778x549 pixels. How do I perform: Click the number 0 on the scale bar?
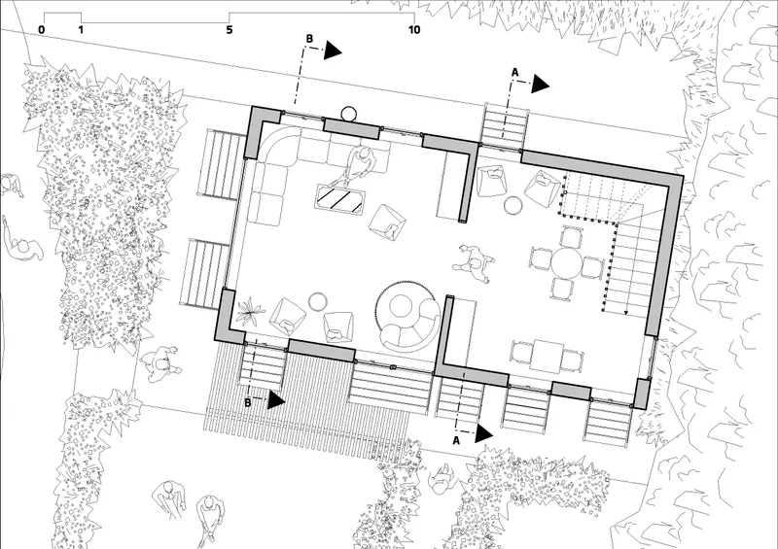(41, 30)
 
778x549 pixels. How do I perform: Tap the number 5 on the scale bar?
(230, 30)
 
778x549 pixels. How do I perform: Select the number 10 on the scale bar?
(414, 30)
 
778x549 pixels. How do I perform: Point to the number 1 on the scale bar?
(81, 30)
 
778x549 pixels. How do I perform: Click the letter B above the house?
(309, 39)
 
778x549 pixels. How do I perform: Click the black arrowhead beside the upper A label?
(540, 85)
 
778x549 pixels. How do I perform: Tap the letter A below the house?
(456, 440)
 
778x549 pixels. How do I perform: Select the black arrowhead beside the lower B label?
(275, 400)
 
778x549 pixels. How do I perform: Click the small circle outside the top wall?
(349, 114)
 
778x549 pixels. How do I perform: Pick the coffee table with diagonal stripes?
(340, 199)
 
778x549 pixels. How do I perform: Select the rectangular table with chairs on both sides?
(547, 356)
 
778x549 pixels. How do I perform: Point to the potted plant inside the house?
(251, 311)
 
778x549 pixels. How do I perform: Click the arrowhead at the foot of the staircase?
(626, 313)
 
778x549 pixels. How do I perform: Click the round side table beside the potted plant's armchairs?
(317, 301)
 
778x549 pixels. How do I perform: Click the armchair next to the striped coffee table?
(387, 222)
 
